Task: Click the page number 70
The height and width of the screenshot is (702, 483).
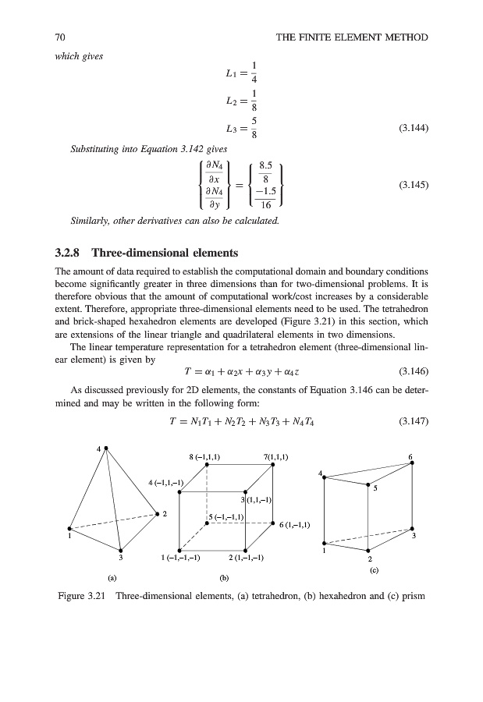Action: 59,37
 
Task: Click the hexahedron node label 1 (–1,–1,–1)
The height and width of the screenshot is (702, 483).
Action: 181,558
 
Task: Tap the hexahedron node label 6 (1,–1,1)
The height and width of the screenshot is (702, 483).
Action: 296,524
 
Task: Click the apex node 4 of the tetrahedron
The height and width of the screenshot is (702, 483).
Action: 105,448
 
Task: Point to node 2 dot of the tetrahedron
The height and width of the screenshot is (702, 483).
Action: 158,513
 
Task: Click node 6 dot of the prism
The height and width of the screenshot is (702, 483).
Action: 411,463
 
